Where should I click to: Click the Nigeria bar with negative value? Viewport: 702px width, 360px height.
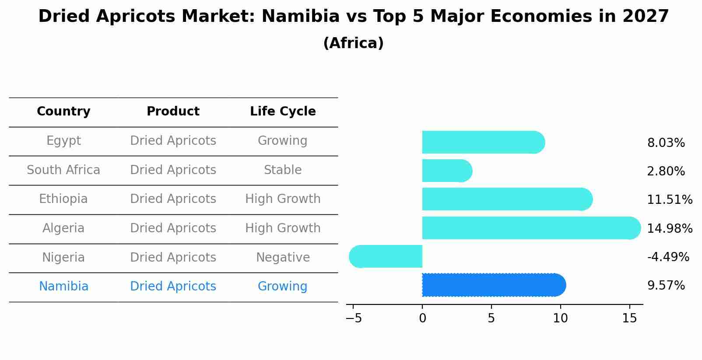click(386, 256)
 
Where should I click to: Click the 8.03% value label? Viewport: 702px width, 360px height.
click(666, 143)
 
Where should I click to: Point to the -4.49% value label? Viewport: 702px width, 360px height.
click(668, 257)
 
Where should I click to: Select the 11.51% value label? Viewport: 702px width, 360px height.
click(669, 200)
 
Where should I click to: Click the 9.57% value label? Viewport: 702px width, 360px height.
click(666, 286)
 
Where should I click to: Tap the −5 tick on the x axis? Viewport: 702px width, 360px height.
click(354, 318)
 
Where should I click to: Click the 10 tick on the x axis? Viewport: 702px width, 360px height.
click(560, 318)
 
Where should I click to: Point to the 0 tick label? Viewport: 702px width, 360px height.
click(422, 318)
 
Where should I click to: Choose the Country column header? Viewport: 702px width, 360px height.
click(63, 112)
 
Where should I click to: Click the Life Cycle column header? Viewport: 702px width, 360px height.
click(283, 112)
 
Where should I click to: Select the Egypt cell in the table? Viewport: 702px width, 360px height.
click(63, 141)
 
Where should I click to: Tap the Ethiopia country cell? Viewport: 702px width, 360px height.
click(63, 199)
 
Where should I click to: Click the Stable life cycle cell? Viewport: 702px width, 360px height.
click(283, 170)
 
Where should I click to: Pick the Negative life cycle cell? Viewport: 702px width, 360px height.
click(283, 257)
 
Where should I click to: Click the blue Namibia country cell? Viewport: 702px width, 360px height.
click(63, 287)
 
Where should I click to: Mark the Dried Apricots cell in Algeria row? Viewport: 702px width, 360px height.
click(173, 228)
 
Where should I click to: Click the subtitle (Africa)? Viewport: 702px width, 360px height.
click(353, 43)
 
